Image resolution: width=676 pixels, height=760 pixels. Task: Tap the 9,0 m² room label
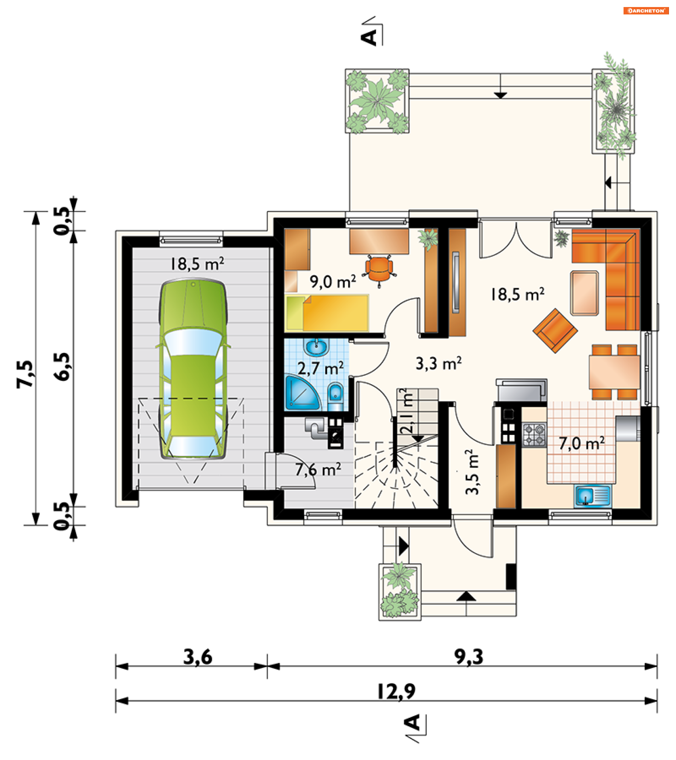(333, 281)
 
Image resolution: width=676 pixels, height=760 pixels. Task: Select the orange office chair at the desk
(379, 269)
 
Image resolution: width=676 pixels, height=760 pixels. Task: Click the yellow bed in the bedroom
(327, 313)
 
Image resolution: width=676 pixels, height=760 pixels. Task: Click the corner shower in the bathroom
(302, 392)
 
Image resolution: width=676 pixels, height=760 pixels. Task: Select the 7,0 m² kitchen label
(582, 443)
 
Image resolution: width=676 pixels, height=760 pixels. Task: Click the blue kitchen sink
(593, 496)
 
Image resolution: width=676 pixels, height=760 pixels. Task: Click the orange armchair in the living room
(555, 330)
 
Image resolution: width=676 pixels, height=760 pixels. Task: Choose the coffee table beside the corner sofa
(584, 293)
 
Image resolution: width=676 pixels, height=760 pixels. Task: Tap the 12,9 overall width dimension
(396, 692)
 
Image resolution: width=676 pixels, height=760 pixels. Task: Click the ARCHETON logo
(646, 11)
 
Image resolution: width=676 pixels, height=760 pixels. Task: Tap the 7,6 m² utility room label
(318, 469)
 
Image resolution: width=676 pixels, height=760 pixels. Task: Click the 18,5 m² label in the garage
(197, 264)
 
